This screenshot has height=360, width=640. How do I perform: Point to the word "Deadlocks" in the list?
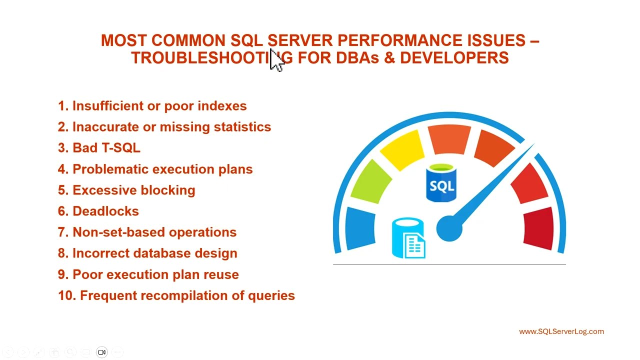tap(105, 211)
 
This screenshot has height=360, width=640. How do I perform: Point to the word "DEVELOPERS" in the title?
tap(454, 58)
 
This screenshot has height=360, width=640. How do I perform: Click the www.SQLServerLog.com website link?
tap(561, 331)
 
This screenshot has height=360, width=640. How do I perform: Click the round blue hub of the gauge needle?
tap(448, 229)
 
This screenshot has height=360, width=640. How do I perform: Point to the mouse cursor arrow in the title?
tap(276, 61)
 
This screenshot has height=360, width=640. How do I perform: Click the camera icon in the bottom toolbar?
tap(102, 352)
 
